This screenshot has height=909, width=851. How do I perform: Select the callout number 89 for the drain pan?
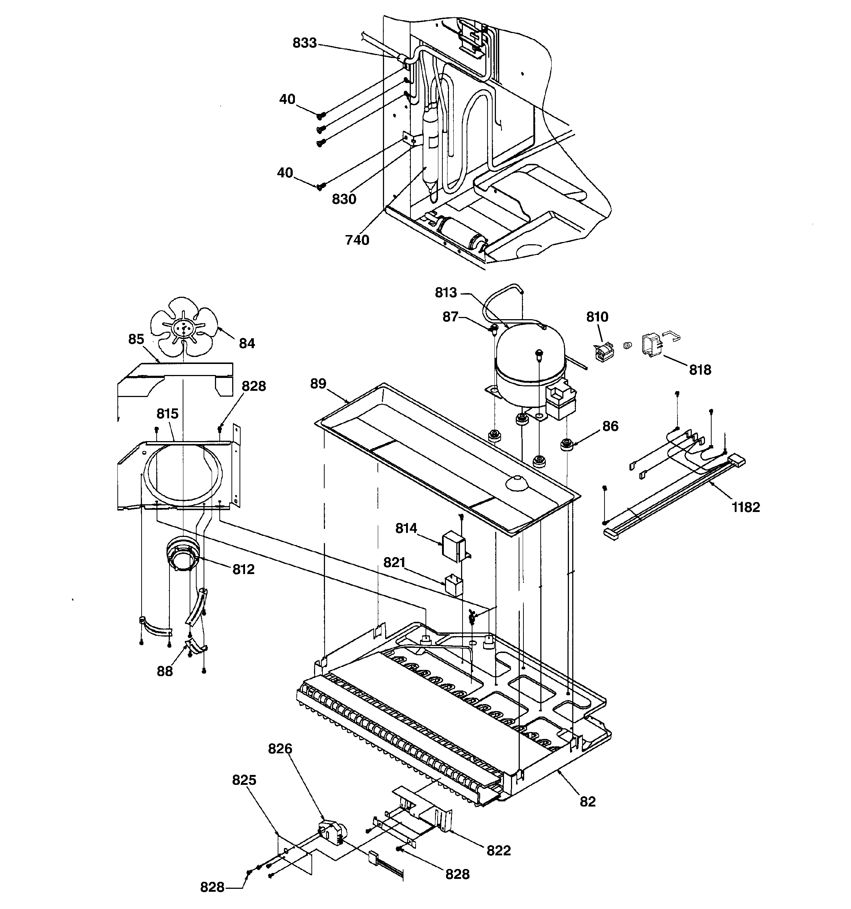(318, 384)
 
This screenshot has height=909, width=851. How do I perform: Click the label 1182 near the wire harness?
(745, 507)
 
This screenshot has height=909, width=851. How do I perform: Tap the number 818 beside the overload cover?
(700, 370)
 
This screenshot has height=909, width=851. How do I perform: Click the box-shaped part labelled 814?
(453, 545)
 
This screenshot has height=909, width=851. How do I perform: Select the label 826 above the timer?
(280, 749)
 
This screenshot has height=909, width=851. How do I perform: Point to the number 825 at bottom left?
(244, 780)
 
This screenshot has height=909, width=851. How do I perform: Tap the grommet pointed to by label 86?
(566, 444)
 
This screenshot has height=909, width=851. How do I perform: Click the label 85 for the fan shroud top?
(136, 339)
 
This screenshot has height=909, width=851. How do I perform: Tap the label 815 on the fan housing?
(167, 414)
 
